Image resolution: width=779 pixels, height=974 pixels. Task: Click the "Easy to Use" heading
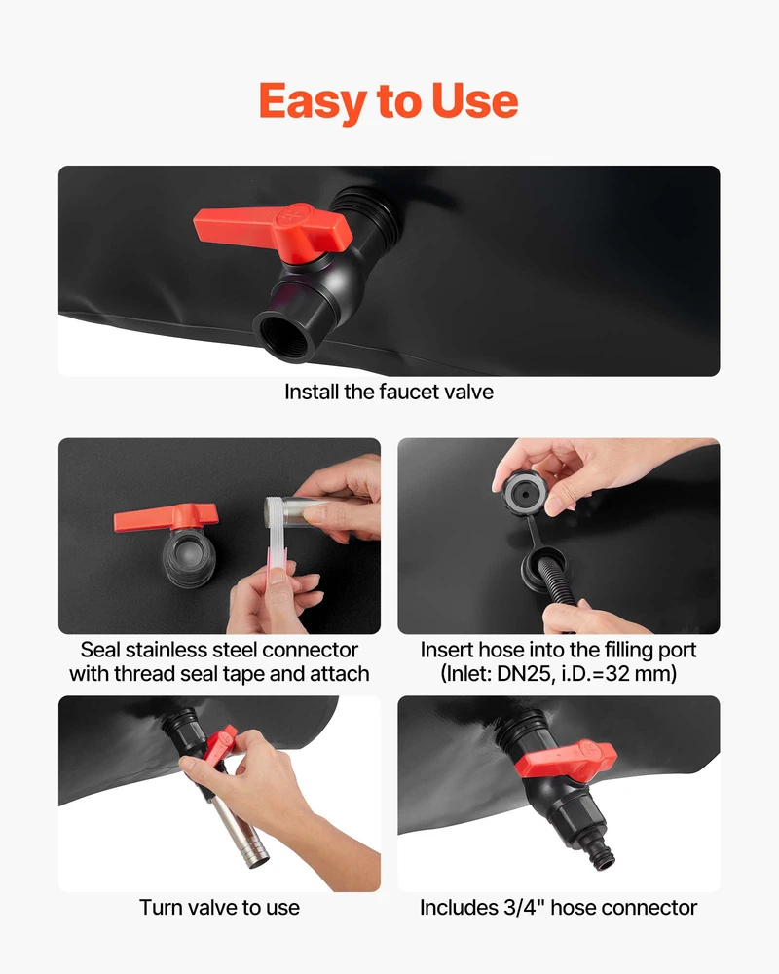coord(389,101)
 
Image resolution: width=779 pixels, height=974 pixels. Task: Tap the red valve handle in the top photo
coord(274,231)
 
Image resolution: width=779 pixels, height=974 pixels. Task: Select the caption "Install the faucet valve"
coord(389,392)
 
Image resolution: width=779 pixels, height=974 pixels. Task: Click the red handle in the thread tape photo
coord(166,517)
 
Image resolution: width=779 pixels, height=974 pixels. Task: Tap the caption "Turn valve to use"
coord(219,908)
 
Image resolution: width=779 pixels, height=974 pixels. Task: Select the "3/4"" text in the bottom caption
coord(523,908)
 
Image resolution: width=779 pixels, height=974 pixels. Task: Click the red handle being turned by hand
coord(220,745)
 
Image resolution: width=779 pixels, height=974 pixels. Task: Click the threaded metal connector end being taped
coord(274,512)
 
